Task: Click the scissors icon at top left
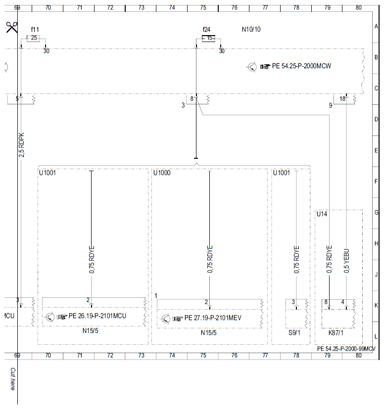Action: [x=12, y=27]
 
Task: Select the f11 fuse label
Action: [x=35, y=30]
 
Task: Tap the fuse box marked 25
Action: [x=34, y=38]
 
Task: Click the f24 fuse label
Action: [x=206, y=30]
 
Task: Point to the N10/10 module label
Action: [x=251, y=29]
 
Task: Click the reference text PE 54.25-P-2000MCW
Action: [x=301, y=66]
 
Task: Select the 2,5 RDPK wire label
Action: [x=21, y=145]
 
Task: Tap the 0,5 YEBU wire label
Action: [x=346, y=261]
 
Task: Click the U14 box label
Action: [x=322, y=214]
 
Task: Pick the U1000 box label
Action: [x=162, y=173]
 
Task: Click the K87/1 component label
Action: [x=336, y=333]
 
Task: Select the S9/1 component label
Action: [x=294, y=333]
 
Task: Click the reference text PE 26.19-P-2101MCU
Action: [x=97, y=316]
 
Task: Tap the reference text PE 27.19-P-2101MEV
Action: [x=213, y=318]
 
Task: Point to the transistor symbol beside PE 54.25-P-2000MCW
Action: [x=252, y=67]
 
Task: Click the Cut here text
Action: [x=12, y=379]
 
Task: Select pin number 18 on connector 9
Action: [x=342, y=98]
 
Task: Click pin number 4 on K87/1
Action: [x=343, y=302]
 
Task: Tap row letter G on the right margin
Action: [x=376, y=212]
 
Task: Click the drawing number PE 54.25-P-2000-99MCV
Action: [x=346, y=349]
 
